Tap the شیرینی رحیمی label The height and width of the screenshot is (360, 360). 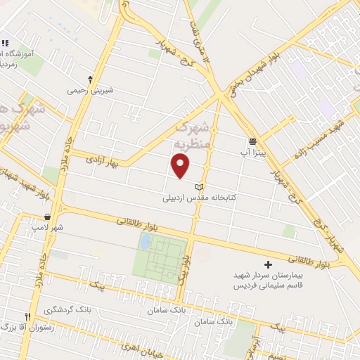click(90, 90)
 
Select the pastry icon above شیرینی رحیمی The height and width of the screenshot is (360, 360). click(90, 79)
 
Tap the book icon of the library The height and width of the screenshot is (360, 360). click(200, 186)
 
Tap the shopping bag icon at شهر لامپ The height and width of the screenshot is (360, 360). click(47, 217)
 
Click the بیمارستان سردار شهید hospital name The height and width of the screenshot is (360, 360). click(268, 276)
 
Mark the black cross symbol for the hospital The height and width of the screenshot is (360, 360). click(268, 265)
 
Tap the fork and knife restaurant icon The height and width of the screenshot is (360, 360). click(28, 317)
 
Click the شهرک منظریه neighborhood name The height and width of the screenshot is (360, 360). click(194, 137)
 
